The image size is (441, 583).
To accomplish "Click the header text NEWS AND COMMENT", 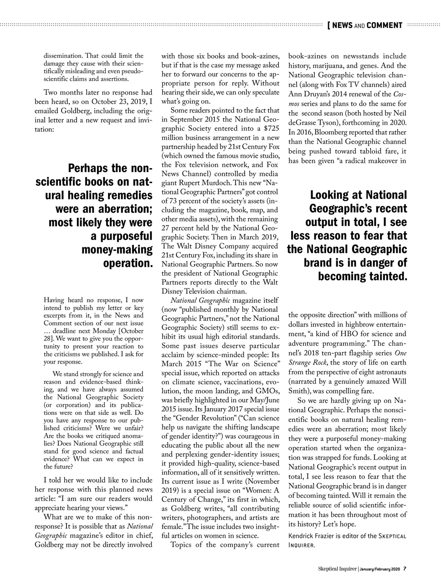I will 367,25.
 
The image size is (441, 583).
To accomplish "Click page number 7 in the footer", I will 405,569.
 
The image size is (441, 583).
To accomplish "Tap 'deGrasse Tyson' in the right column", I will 312,122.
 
